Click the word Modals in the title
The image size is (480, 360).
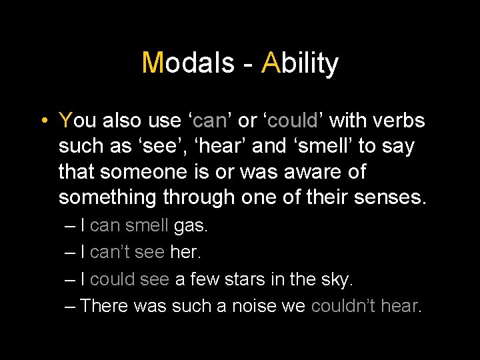pos(188,63)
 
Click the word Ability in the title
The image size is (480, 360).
pos(300,63)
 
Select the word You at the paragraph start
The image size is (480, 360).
pos(77,120)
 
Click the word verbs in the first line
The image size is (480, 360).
pos(401,120)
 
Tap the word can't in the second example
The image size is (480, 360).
pos(110,253)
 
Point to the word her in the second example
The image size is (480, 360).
pos(185,253)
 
